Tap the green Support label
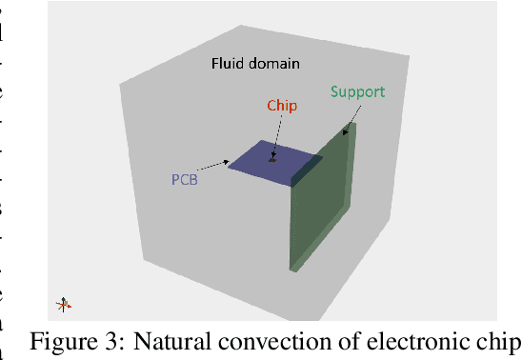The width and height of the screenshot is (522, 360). coord(357,92)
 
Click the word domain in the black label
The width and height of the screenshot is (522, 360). coord(275,65)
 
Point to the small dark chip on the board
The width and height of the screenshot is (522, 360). coord(272,159)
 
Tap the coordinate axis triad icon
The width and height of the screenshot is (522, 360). coord(65,305)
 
